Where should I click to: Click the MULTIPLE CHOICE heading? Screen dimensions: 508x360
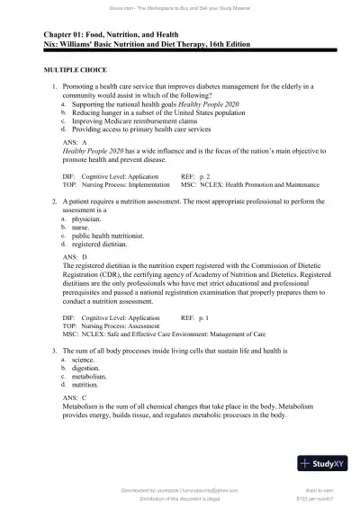pyautogui.click(x=69, y=69)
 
